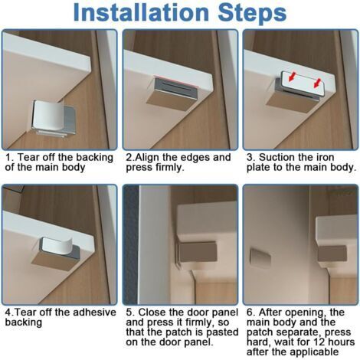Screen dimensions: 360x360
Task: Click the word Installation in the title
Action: point(141,12)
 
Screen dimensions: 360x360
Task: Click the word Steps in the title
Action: point(252,14)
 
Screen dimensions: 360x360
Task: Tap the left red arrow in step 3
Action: point(293,77)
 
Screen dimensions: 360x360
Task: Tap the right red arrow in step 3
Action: point(317,83)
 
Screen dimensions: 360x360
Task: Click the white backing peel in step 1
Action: point(48,115)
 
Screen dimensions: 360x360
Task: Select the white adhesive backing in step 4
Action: point(57,246)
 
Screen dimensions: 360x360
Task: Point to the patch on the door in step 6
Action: point(260,257)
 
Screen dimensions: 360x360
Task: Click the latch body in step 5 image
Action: point(198,253)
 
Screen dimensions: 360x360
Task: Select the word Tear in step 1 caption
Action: point(28,157)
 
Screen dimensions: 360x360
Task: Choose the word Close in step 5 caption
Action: point(152,313)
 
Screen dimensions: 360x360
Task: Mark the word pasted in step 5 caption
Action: point(222,332)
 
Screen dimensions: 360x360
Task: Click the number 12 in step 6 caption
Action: point(319,342)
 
